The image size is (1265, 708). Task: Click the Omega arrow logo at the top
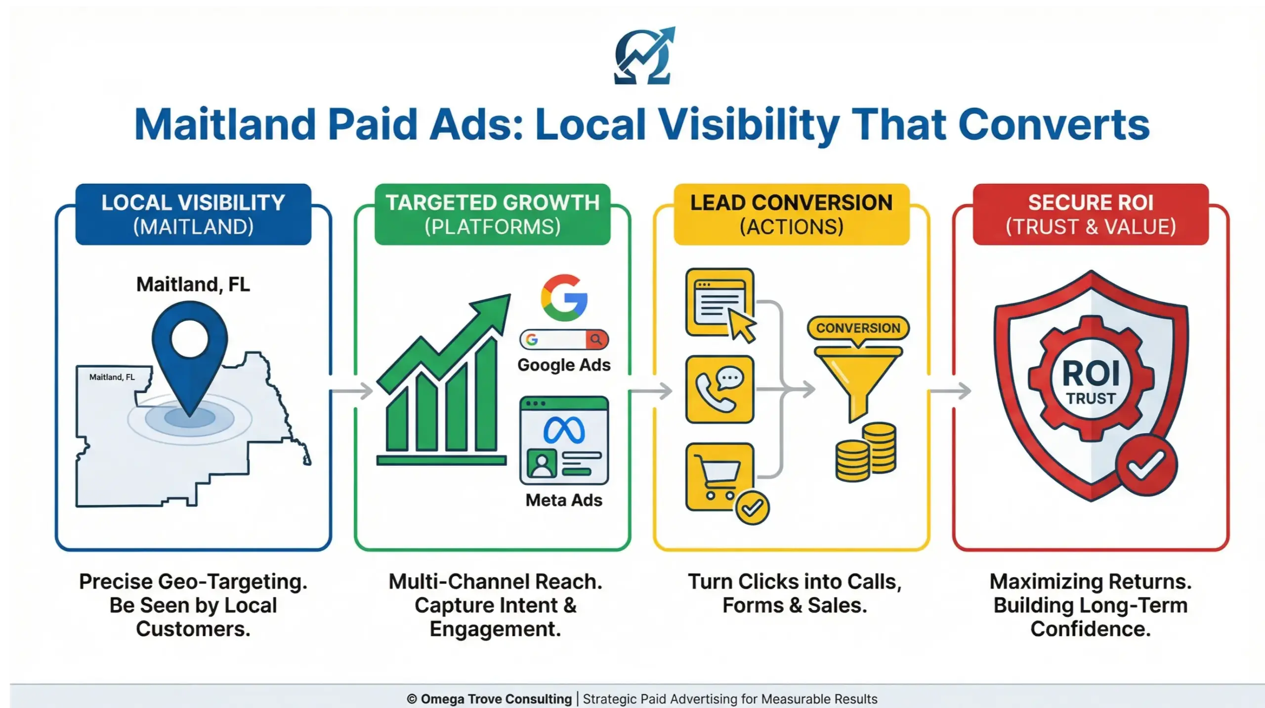tap(643, 56)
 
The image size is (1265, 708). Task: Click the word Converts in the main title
tap(1054, 125)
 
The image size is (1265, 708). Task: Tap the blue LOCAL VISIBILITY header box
tap(193, 214)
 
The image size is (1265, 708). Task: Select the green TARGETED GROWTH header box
tap(492, 214)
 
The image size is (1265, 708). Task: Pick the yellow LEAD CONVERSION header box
tap(791, 214)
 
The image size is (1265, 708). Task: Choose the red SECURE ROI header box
tap(1091, 214)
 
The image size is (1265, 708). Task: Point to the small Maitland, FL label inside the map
tap(112, 377)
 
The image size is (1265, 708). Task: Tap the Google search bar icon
tap(564, 339)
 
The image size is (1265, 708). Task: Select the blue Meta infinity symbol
tap(564, 430)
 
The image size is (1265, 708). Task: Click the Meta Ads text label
tap(564, 500)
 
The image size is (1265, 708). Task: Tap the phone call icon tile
tap(719, 389)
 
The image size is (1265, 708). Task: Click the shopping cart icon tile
tap(719, 476)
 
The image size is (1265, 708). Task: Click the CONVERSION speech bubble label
tap(858, 328)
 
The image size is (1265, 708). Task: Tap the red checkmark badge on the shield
tap(1146, 465)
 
